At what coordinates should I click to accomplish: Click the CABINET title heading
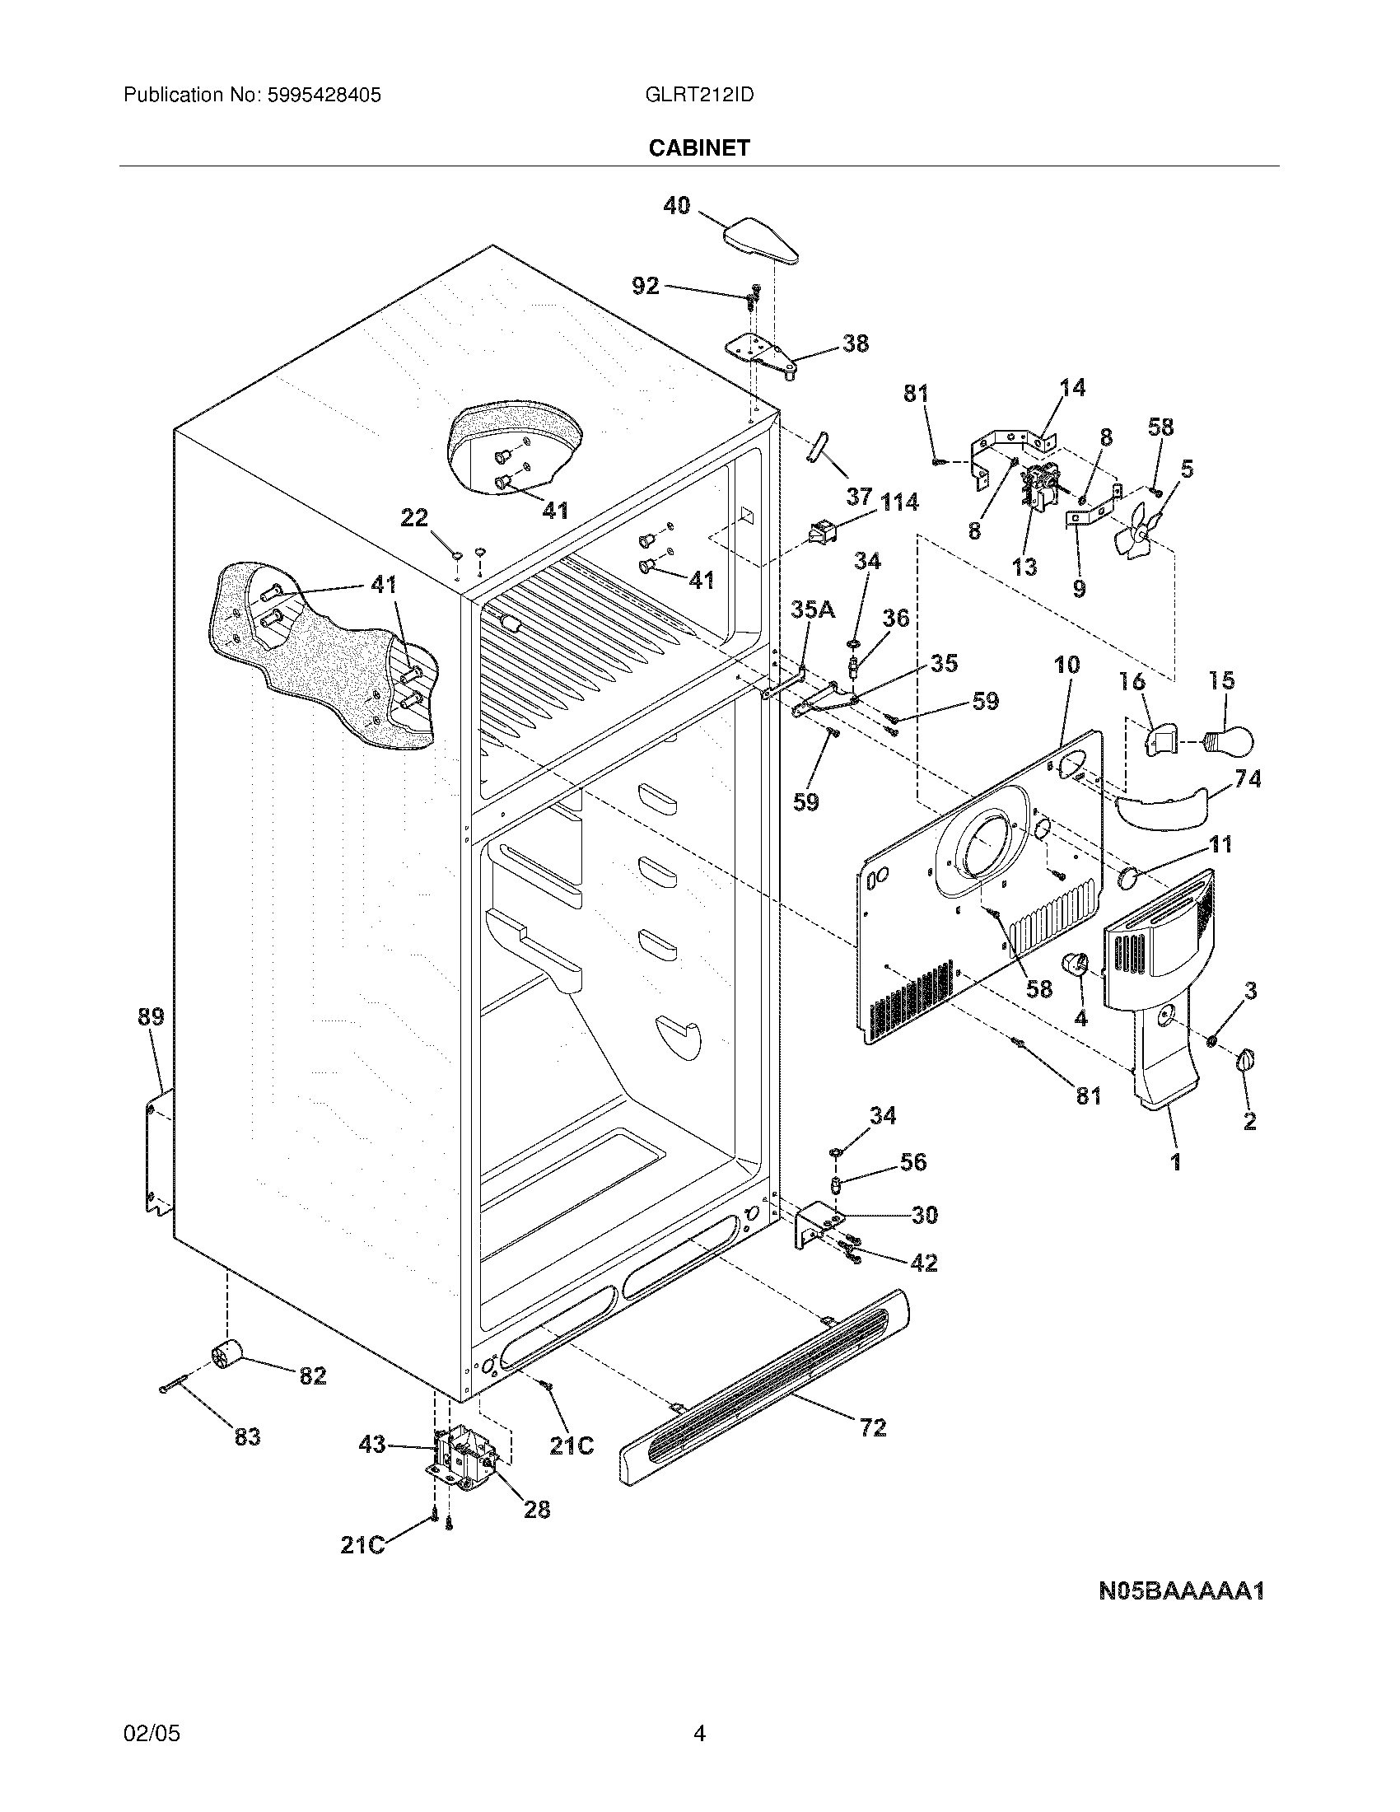(698, 147)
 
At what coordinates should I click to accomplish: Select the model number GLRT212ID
(698, 96)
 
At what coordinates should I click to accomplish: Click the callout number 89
(151, 1016)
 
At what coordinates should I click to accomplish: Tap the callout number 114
(898, 502)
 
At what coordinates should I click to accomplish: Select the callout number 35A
(813, 609)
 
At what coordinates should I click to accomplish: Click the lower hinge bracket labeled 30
(816, 1226)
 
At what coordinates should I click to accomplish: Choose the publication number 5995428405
(324, 96)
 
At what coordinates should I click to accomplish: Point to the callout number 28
(537, 1509)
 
